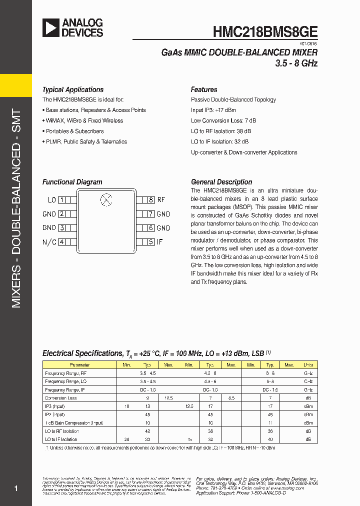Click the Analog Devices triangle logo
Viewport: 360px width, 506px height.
point(50,28)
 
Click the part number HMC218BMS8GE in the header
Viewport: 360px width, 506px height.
point(265,31)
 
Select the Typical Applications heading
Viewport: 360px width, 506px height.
point(73,90)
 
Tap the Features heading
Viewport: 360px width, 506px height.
point(204,90)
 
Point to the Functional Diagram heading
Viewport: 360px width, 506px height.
point(72,182)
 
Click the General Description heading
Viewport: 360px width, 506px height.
point(221,182)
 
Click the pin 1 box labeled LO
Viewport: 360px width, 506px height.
point(62,200)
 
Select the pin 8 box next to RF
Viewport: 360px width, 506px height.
point(151,200)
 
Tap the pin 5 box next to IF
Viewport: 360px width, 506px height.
point(151,242)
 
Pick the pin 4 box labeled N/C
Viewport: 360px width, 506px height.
point(62,242)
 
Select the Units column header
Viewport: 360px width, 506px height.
point(308,365)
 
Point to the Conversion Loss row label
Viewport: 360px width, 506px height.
point(61,398)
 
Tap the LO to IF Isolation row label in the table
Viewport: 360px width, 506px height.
point(61,439)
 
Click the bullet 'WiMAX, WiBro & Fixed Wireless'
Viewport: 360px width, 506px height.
point(84,121)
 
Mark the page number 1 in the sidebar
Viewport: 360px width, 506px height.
point(16,488)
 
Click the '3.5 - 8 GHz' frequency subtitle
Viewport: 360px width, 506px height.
point(296,64)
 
